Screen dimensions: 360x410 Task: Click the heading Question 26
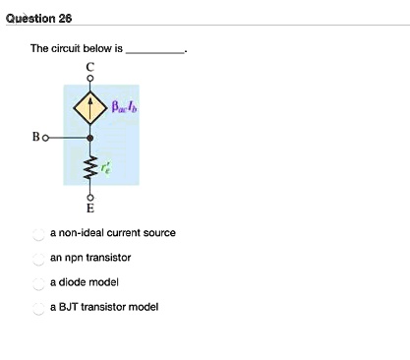pyautogui.click(x=36, y=18)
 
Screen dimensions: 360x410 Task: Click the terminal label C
pyautogui.click(x=91, y=66)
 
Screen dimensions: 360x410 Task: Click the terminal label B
pyautogui.click(x=31, y=139)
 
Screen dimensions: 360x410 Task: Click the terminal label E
pyautogui.click(x=91, y=210)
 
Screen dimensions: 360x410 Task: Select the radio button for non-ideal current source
pyautogui.click(x=38, y=233)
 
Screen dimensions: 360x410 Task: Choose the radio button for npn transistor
pyautogui.click(x=38, y=258)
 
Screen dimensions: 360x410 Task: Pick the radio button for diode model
pyautogui.click(x=38, y=282)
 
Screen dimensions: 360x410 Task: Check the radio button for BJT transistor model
pyautogui.click(x=38, y=307)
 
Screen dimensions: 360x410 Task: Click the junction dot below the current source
pyautogui.click(x=91, y=139)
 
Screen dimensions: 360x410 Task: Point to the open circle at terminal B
pyautogui.click(x=42, y=139)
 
